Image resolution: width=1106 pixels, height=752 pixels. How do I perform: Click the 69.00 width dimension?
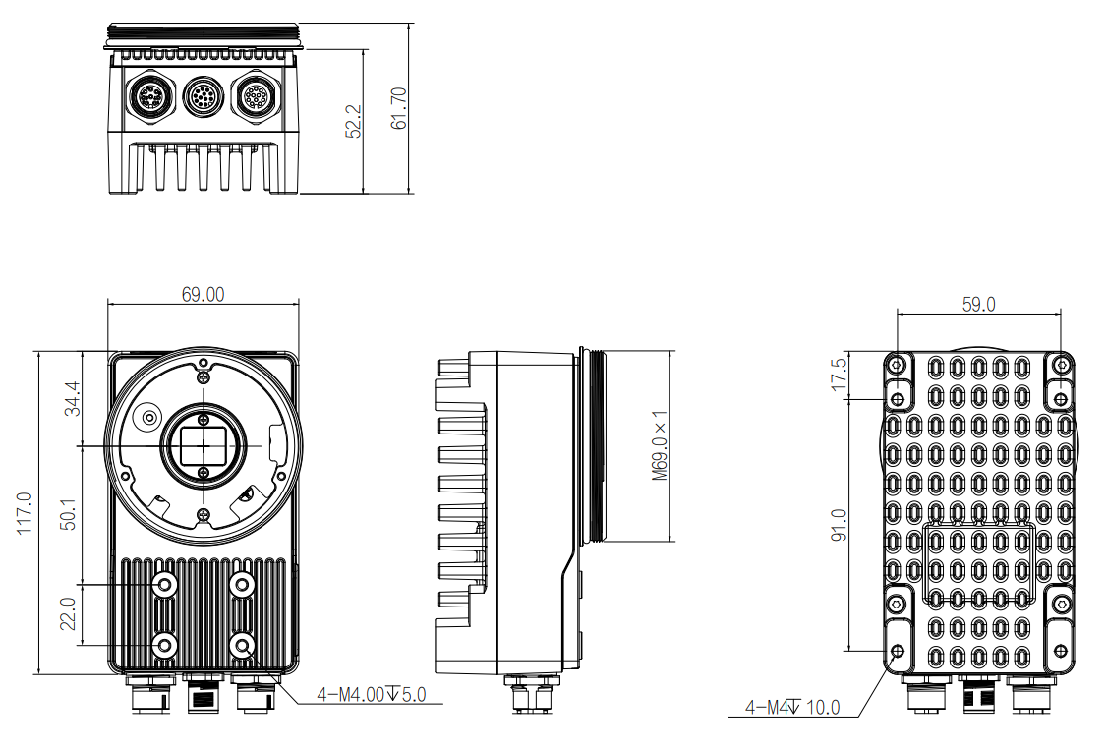point(202,294)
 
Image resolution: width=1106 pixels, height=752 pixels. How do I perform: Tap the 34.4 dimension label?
point(72,399)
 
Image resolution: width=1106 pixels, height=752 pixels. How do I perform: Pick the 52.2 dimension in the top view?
point(354,121)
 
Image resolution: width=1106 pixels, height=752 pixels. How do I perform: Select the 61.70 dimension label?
point(398,108)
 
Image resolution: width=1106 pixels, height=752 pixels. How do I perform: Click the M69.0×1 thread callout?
point(660,445)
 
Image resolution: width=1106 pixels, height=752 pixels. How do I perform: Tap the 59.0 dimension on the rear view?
point(978,304)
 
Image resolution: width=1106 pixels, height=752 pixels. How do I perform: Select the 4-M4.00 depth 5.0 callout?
point(371,695)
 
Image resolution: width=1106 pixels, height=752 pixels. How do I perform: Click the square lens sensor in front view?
point(204,444)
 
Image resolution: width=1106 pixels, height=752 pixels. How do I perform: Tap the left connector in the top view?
point(150,98)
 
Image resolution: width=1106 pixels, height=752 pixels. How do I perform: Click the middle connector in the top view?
point(204,98)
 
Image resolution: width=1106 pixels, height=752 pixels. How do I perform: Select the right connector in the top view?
point(259,98)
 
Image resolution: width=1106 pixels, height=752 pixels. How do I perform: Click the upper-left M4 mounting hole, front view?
point(165,585)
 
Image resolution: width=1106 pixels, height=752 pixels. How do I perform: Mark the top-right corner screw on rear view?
point(1061,365)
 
